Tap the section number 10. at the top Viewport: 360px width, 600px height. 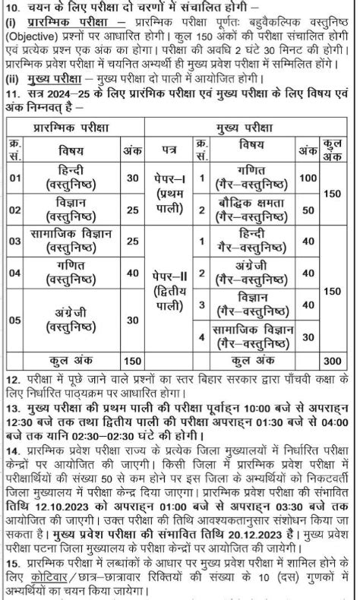[13, 8]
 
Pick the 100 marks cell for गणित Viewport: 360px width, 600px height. [308, 178]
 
